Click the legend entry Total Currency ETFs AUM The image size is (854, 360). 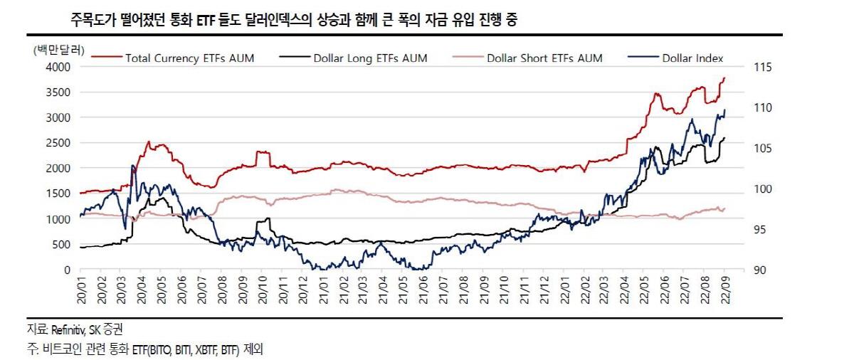pyautogui.click(x=189, y=58)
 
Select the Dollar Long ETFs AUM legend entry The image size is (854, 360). pyautogui.click(x=370, y=58)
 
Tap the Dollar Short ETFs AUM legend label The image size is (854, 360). pyautogui.click(x=544, y=58)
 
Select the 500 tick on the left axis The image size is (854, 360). pyautogui.click(x=61, y=245)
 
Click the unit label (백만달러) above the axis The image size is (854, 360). pyautogui.click(x=59, y=50)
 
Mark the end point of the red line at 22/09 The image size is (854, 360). pyautogui.click(x=724, y=78)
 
